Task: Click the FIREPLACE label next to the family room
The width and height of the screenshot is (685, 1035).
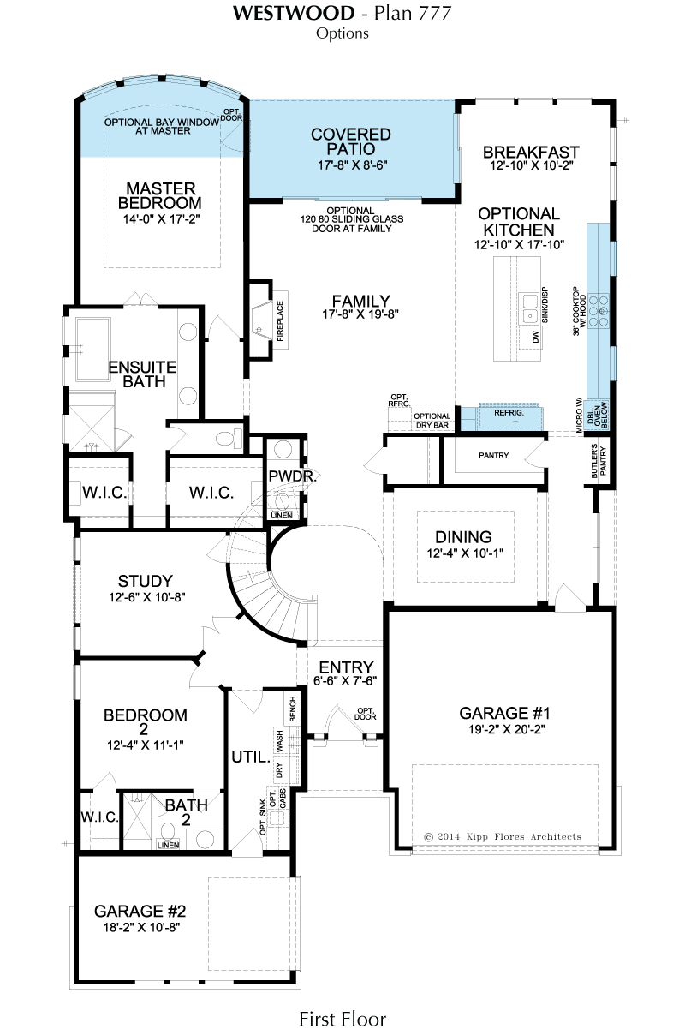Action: (280, 321)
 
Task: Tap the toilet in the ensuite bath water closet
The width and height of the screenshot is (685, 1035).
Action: (229, 438)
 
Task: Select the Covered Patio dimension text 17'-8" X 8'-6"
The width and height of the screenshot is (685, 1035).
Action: (352, 165)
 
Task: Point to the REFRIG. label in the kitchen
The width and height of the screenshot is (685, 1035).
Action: (509, 413)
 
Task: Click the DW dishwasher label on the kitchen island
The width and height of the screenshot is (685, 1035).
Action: (535, 337)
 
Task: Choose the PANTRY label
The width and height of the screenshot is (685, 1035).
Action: (493, 455)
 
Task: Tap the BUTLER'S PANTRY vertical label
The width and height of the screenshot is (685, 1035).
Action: (599, 461)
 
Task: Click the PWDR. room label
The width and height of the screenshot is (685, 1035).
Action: (293, 476)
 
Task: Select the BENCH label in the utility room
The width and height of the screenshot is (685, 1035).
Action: (292, 709)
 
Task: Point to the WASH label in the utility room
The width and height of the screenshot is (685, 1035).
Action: (279, 740)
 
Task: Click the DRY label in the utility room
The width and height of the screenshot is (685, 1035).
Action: (279, 769)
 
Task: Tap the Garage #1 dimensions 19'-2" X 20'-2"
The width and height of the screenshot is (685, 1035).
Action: (505, 730)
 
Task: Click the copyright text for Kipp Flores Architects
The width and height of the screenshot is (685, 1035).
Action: (502, 836)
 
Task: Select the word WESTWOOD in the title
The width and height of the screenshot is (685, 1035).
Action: (294, 14)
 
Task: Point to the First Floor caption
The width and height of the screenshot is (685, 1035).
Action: (342, 1019)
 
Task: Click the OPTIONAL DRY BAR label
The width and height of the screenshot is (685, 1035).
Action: (432, 421)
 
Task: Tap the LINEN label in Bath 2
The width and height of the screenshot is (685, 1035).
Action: (168, 845)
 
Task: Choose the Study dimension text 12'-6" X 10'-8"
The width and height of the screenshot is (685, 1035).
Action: (147, 597)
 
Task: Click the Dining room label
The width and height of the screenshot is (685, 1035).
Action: (463, 537)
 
